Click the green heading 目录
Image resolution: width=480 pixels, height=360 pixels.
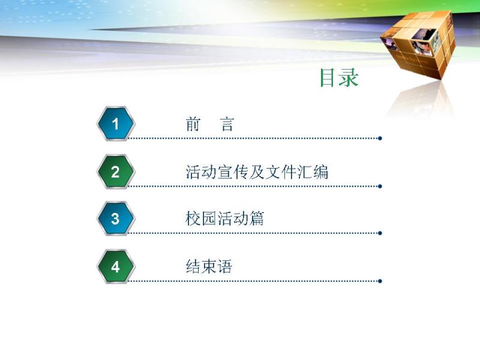click(x=339, y=78)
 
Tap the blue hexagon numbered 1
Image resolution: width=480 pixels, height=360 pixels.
click(x=116, y=124)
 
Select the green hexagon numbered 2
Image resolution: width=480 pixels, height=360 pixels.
click(x=116, y=172)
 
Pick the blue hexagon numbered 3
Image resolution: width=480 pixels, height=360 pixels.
click(x=116, y=218)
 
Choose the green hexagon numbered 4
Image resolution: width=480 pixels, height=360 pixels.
click(x=116, y=266)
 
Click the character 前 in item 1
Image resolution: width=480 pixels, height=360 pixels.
click(x=193, y=124)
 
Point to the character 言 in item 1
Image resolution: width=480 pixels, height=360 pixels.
click(x=227, y=124)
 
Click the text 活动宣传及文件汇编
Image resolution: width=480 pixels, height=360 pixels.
click(x=257, y=172)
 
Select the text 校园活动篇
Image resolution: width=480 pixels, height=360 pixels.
click(x=224, y=218)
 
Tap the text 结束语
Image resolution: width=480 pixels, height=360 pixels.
click(x=209, y=266)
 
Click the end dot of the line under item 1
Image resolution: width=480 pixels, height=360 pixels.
click(x=380, y=139)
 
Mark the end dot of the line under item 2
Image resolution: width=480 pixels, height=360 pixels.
click(x=380, y=186)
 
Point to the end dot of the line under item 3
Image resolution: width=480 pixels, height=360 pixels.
click(x=380, y=233)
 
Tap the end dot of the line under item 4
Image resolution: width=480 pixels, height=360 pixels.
click(x=380, y=281)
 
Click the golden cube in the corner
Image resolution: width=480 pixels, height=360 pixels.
click(x=418, y=44)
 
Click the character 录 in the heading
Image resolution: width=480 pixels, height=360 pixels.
click(x=349, y=78)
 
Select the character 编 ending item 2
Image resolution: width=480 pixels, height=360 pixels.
click(x=321, y=172)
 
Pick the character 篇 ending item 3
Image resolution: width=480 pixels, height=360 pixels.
click(x=256, y=218)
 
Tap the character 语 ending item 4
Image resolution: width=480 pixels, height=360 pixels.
click(x=224, y=266)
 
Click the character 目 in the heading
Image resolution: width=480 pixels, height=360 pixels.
click(x=327, y=78)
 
